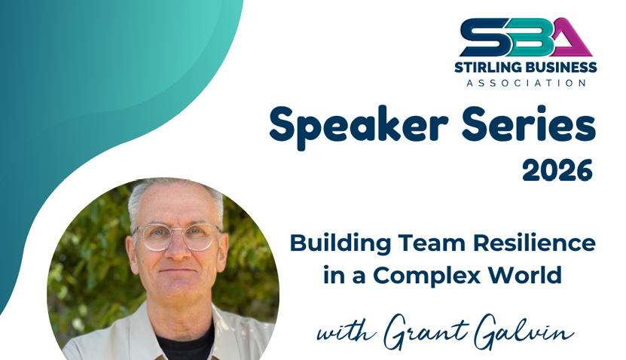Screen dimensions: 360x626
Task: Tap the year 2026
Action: (557, 172)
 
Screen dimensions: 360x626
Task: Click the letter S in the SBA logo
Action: (479, 38)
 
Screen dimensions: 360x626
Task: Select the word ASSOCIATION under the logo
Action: (526, 82)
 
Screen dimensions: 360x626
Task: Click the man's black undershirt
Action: (185, 346)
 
